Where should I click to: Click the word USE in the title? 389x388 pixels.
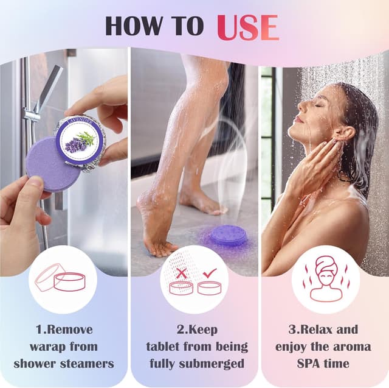(247, 26)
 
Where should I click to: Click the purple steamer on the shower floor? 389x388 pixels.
(229, 235)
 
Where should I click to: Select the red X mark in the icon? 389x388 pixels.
(182, 273)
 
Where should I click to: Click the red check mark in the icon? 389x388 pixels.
(210, 273)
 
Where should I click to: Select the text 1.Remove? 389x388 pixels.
(64, 330)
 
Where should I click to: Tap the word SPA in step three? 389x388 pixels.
(302, 364)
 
